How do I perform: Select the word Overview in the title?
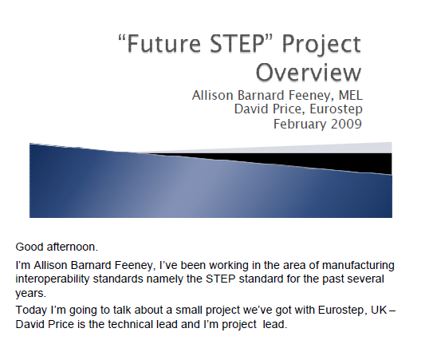tap(309, 72)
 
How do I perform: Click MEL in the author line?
tap(351, 96)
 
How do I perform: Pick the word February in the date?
tap(300, 124)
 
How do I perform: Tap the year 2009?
tap(346, 124)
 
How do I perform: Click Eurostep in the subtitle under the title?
tap(336, 109)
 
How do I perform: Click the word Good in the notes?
tap(30, 247)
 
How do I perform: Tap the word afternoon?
tap(71, 247)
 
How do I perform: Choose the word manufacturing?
tap(358, 265)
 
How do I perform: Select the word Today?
tap(31, 310)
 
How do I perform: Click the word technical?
tap(132, 324)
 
